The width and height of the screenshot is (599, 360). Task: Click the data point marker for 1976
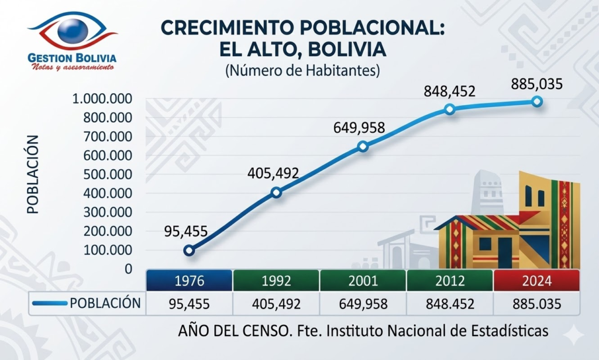pos(189,251)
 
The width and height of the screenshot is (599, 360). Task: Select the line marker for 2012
pos(449,109)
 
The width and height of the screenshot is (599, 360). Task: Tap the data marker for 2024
pos(537,102)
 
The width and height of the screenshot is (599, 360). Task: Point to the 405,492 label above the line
pos(273,173)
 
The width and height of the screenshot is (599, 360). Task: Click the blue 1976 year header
pos(189,280)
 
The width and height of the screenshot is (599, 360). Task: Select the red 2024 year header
pos(536,280)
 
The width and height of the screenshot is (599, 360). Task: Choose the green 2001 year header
pos(363,280)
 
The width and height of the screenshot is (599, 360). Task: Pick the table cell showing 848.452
pos(450,304)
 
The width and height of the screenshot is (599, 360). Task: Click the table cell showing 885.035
pos(536,304)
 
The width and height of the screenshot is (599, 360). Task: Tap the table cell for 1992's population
pos(276,304)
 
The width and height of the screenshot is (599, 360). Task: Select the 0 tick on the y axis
pos(128,269)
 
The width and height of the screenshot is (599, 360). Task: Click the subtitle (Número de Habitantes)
pos(302,71)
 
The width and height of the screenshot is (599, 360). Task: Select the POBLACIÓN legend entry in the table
pos(87,303)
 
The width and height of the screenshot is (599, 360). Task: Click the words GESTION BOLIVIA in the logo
pos(72,58)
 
